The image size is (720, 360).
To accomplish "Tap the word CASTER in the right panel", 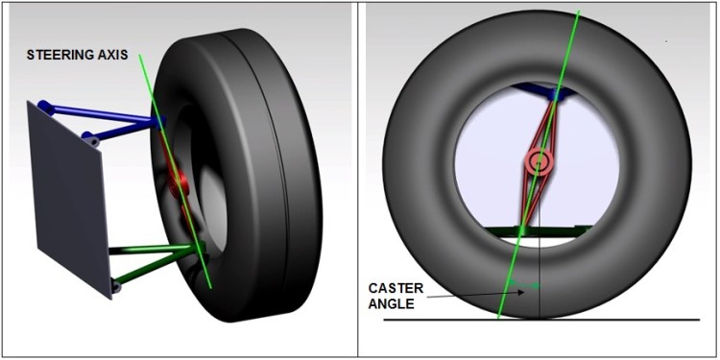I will (393, 286).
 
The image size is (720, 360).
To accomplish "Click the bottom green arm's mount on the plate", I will (116, 283).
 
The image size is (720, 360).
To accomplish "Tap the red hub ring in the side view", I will (538, 162).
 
